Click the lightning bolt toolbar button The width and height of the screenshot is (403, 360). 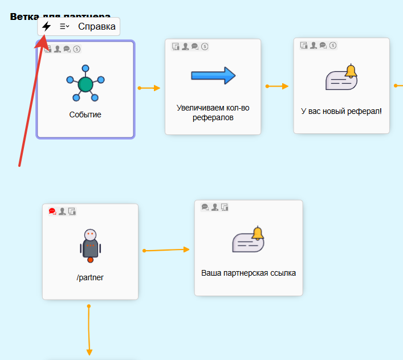click(x=47, y=26)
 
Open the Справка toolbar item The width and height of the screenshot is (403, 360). click(x=96, y=26)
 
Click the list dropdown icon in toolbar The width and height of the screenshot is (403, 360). click(x=64, y=26)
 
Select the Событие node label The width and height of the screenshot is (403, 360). click(x=86, y=114)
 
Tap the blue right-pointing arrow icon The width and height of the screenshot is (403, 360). click(x=213, y=75)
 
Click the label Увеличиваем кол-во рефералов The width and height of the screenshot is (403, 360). click(x=213, y=112)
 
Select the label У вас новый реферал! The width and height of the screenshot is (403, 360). click(x=341, y=111)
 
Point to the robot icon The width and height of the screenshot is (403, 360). click(x=90, y=246)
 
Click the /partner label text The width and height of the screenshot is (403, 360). click(x=90, y=278)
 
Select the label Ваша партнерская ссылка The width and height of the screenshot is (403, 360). click(x=249, y=273)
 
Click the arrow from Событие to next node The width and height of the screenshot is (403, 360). click(x=149, y=88)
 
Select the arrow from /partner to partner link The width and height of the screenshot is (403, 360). click(x=166, y=249)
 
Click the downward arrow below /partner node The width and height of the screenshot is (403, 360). click(x=89, y=330)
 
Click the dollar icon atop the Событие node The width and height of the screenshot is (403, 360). click(x=77, y=49)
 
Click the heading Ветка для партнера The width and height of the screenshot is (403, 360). click(x=60, y=17)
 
